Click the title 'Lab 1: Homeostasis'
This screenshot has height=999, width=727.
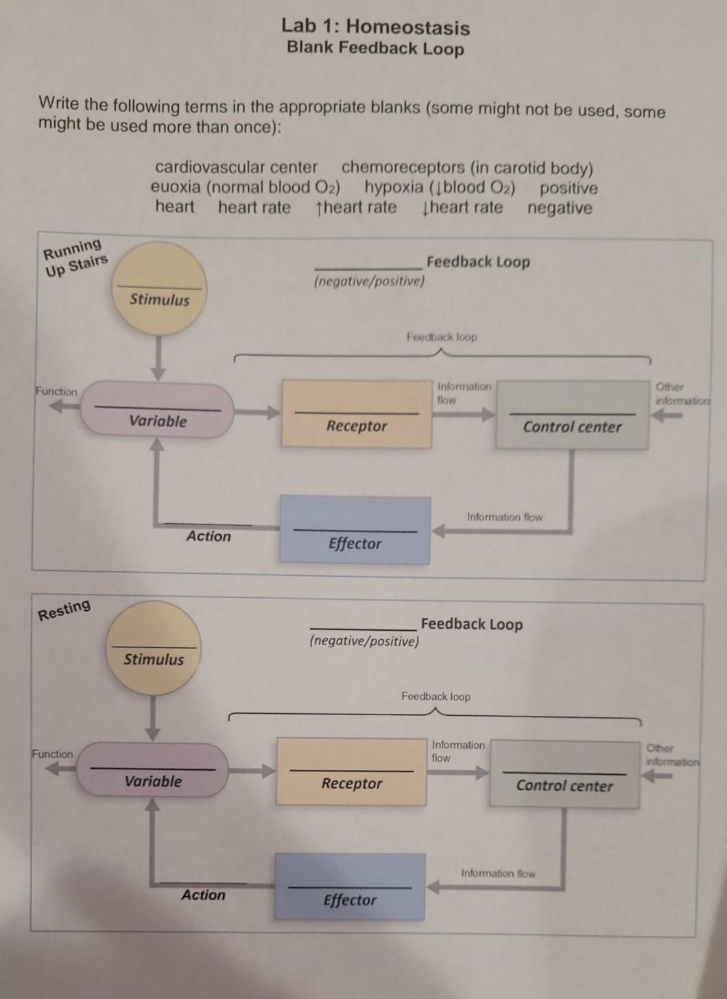click(x=375, y=27)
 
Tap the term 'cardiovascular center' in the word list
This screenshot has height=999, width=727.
click(x=236, y=167)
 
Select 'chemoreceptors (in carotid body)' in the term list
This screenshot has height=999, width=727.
click(x=467, y=169)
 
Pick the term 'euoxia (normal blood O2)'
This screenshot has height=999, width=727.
click(x=246, y=187)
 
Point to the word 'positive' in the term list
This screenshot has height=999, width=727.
click(x=569, y=188)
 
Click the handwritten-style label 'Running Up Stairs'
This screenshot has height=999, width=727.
click(x=75, y=256)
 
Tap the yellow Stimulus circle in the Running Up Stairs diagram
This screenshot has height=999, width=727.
click(x=159, y=288)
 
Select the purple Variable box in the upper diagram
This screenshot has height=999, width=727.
click(x=158, y=410)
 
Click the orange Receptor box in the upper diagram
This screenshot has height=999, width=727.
click(x=357, y=414)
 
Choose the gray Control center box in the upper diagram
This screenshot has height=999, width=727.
click(x=572, y=416)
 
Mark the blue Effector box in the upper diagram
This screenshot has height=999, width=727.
click(x=355, y=531)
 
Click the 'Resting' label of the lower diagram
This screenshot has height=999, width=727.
click(x=64, y=609)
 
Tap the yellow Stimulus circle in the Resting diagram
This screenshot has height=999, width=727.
click(x=154, y=648)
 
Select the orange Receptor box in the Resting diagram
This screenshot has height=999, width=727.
click(x=351, y=771)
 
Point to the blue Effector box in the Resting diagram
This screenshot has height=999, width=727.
click(x=350, y=887)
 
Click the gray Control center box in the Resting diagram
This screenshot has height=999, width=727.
click(x=564, y=773)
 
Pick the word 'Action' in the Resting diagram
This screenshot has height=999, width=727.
click(x=203, y=895)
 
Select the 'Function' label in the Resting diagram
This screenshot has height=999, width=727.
click(x=53, y=754)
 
